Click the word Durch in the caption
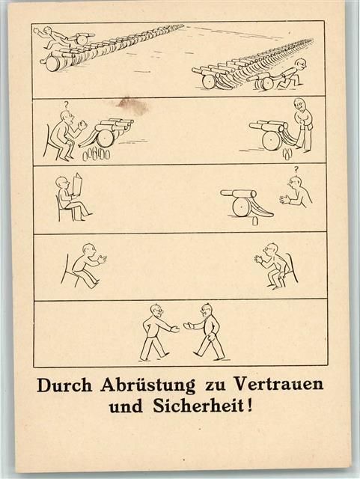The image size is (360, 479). pos(64,385)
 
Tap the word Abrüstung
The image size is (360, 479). pos(148,386)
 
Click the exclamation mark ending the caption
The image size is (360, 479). pos(250,406)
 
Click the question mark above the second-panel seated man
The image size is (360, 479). pos(66,105)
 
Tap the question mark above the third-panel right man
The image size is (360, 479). pos(296,169)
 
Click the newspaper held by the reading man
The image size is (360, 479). pos(77,185)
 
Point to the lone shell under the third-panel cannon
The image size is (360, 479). pos(254,222)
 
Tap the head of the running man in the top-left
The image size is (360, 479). pos(48,30)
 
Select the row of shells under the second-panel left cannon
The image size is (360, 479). pos(97,154)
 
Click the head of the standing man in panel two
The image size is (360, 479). pos(299,105)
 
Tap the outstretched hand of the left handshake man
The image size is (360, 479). pos(175,329)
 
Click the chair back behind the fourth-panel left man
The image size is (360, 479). pos(65,269)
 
